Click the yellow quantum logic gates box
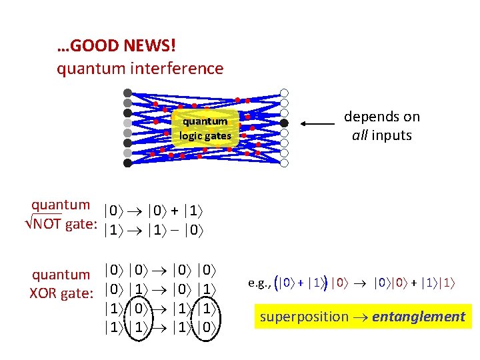point(205,129)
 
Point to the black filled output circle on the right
point(284,123)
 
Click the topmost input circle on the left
point(127,93)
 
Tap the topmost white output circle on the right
point(284,93)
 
